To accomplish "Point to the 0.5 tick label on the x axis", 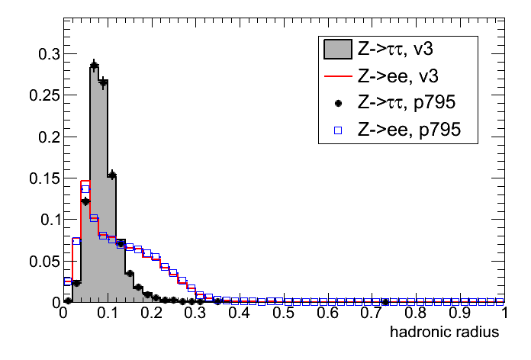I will click(284, 313).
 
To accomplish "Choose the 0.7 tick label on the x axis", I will click(372, 313).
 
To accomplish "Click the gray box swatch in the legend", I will click(336, 50).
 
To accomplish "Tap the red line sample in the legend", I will click(336, 76).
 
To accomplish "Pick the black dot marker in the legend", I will click(336, 104).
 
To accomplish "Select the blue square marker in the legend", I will click(336, 130).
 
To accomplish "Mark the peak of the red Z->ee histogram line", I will click(85, 181).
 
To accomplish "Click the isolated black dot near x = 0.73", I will click(385, 302).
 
